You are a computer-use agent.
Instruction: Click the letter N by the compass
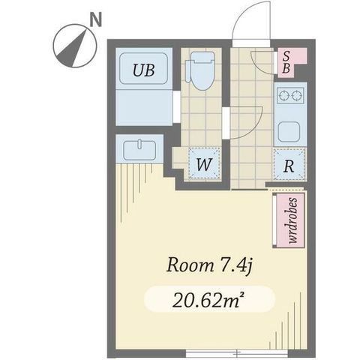click(96, 20)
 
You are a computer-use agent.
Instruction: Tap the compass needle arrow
click(73, 48)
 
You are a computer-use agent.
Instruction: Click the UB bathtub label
click(144, 70)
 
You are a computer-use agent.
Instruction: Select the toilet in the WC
click(201, 70)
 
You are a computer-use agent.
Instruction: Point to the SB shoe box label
click(286, 62)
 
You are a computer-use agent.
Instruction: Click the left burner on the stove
click(283, 95)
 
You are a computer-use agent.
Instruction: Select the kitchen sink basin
click(289, 132)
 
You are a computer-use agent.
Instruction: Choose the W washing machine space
click(204, 163)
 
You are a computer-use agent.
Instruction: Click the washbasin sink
click(139, 150)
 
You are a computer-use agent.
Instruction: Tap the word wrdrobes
click(292, 220)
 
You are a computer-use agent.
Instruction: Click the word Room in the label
click(190, 265)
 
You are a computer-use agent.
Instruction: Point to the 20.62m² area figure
click(208, 300)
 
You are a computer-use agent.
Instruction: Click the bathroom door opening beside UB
click(176, 107)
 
